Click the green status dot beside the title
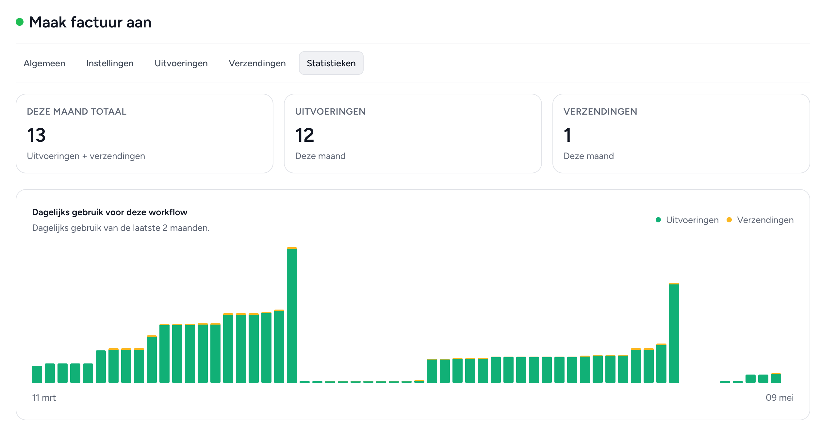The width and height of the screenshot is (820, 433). point(20,22)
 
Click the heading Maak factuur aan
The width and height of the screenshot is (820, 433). point(90,22)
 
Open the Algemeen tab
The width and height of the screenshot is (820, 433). point(44,63)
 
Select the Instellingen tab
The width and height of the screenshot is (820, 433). point(110,63)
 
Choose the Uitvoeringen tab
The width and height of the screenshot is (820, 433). point(181,63)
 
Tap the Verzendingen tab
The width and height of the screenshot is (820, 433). point(257,63)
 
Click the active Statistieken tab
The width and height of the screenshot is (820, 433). point(331,63)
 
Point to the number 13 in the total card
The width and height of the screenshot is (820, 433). point(36,135)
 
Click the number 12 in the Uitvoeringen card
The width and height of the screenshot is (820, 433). point(304,135)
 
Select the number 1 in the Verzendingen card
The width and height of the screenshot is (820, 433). point(567,135)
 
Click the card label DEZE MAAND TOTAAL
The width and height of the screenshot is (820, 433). point(76,111)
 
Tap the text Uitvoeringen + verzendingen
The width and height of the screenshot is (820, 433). point(86,156)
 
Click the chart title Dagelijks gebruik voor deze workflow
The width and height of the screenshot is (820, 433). point(110,212)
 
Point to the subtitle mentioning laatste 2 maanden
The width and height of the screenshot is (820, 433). point(121,228)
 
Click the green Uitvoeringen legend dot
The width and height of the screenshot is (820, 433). point(658,220)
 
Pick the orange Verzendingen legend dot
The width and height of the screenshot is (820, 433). point(729,220)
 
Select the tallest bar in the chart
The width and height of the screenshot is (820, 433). point(292,315)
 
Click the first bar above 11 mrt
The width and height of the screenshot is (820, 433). point(37,374)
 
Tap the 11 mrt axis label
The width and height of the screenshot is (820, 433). point(44,397)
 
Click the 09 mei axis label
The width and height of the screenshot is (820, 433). point(779,397)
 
